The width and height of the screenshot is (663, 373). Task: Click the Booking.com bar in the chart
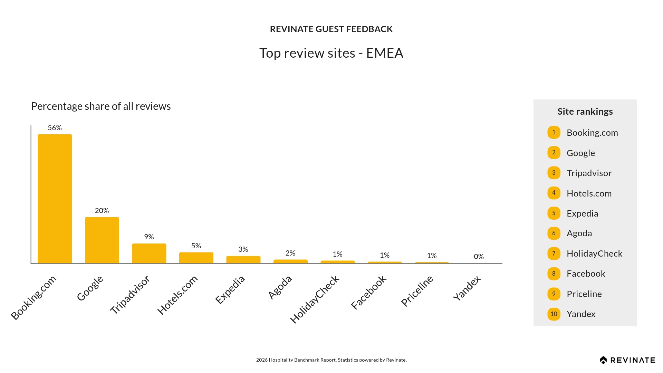[55, 199]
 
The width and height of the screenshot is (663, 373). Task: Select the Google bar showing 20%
[102, 240]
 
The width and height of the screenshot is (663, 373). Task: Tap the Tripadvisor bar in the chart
[149, 253]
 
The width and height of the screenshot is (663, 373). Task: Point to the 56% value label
[55, 128]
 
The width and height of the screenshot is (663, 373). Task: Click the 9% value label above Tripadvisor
[149, 237]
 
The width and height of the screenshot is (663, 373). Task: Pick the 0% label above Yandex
[479, 257]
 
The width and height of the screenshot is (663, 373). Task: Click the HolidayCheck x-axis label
[315, 299]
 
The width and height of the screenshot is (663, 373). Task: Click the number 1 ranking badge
[554, 132]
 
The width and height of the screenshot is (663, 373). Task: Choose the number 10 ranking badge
[554, 314]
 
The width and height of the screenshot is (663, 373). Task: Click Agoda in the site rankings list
[579, 233]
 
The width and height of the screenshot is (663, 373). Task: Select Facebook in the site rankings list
[586, 274]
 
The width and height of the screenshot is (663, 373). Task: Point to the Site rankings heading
[585, 112]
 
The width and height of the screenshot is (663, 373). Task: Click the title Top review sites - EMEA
[331, 53]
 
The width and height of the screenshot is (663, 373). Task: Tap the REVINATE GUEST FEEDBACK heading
[331, 29]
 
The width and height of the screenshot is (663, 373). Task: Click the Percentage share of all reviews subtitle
[101, 106]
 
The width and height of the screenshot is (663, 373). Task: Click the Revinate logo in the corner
[627, 360]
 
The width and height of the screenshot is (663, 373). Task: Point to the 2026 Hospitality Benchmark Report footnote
[331, 360]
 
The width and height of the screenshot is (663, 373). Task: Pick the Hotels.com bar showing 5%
[196, 258]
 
